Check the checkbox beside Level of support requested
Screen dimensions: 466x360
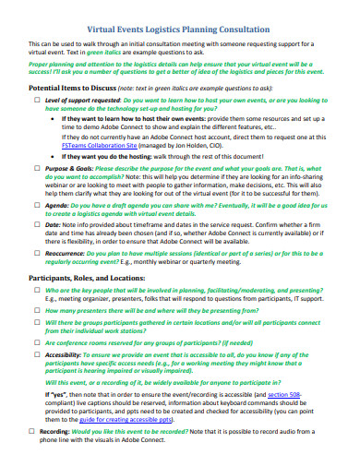(36, 101)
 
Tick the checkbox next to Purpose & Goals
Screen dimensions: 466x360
(36, 168)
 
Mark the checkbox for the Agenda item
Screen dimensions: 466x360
(36, 206)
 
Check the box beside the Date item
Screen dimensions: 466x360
(36, 225)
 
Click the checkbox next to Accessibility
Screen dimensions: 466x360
(36, 353)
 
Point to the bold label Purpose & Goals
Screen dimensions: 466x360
(66, 168)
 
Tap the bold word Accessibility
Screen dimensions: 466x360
(64, 353)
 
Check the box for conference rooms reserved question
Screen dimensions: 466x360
(36, 341)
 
